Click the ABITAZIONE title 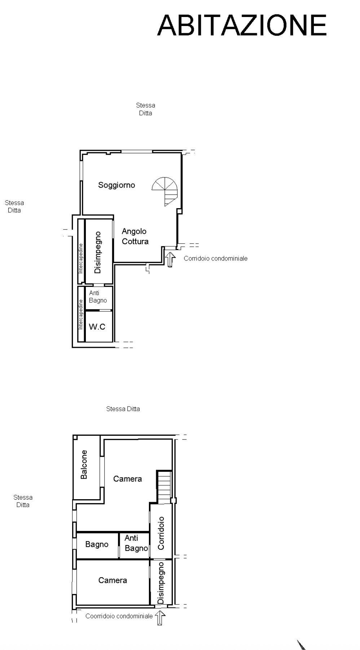pyautogui.click(x=242, y=25)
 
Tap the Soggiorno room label pyautogui.click(x=117, y=185)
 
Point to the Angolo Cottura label pyautogui.click(x=135, y=236)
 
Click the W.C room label pyautogui.click(x=97, y=327)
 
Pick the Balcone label pyautogui.click(x=84, y=464)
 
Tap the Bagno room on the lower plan pyautogui.click(x=97, y=544)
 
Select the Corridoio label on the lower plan pyautogui.click(x=161, y=533)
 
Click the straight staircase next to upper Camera pyautogui.click(x=164, y=487)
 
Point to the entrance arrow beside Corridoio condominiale pyautogui.click(x=170, y=259)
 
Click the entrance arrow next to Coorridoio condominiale pyautogui.click(x=160, y=617)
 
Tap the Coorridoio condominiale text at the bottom pyautogui.click(x=119, y=616)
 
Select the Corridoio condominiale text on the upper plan pyautogui.click(x=216, y=258)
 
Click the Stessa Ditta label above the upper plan pyautogui.click(x=146, y=109)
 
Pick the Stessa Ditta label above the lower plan pyautogui.click(x=123, y=409)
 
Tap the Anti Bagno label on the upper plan pyautogui.click(x=98, y=297)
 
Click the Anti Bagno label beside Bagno pyautogui.click(x=136, y=543)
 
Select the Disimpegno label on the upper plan pyautogui.click(x=97, y=252)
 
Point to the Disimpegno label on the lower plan pyautogui.click(x=161, y=583)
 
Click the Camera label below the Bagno pyautogui.click(x=113, y=580)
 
